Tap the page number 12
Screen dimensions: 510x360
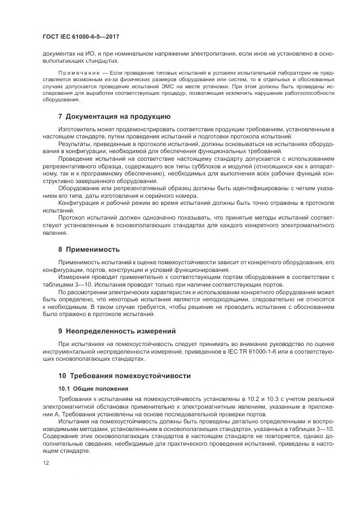point(45,463)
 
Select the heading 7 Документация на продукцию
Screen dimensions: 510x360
point(114,116)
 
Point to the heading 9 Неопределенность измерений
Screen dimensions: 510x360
point(117,330)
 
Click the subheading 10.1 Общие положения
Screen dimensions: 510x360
point(93,388)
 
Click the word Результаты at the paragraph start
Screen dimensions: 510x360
point(74,143)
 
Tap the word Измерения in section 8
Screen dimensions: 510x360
point(74,277)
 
